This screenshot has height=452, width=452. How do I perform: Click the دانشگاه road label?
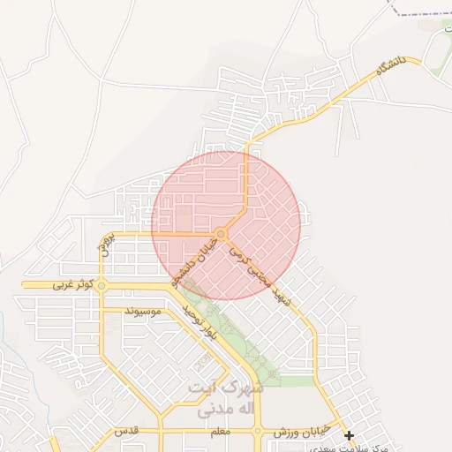point(388,67)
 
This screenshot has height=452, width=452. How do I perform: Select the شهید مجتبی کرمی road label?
point(261,276)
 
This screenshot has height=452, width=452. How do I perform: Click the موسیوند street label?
point(143,312)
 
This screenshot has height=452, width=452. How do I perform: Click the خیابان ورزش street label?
point(300,431)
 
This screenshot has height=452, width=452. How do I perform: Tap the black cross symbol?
point(349,435)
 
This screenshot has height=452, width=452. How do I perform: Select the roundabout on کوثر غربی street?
point(102,285)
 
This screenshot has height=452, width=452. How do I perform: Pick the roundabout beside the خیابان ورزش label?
point(257,432)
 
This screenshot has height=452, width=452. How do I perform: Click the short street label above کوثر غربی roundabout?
point(105,245)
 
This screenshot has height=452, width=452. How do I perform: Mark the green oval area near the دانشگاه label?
point(436,53)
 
